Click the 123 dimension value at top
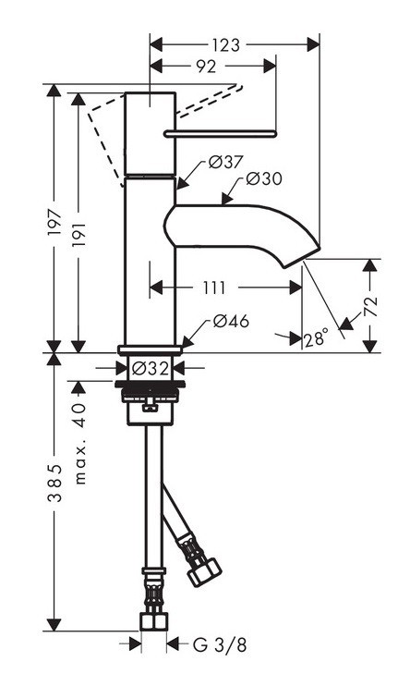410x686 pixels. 225,44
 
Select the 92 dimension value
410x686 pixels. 206,67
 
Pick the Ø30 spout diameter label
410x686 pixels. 264,179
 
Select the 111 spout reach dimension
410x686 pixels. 213,288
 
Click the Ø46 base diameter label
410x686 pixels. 230,321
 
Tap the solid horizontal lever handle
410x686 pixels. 220,133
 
